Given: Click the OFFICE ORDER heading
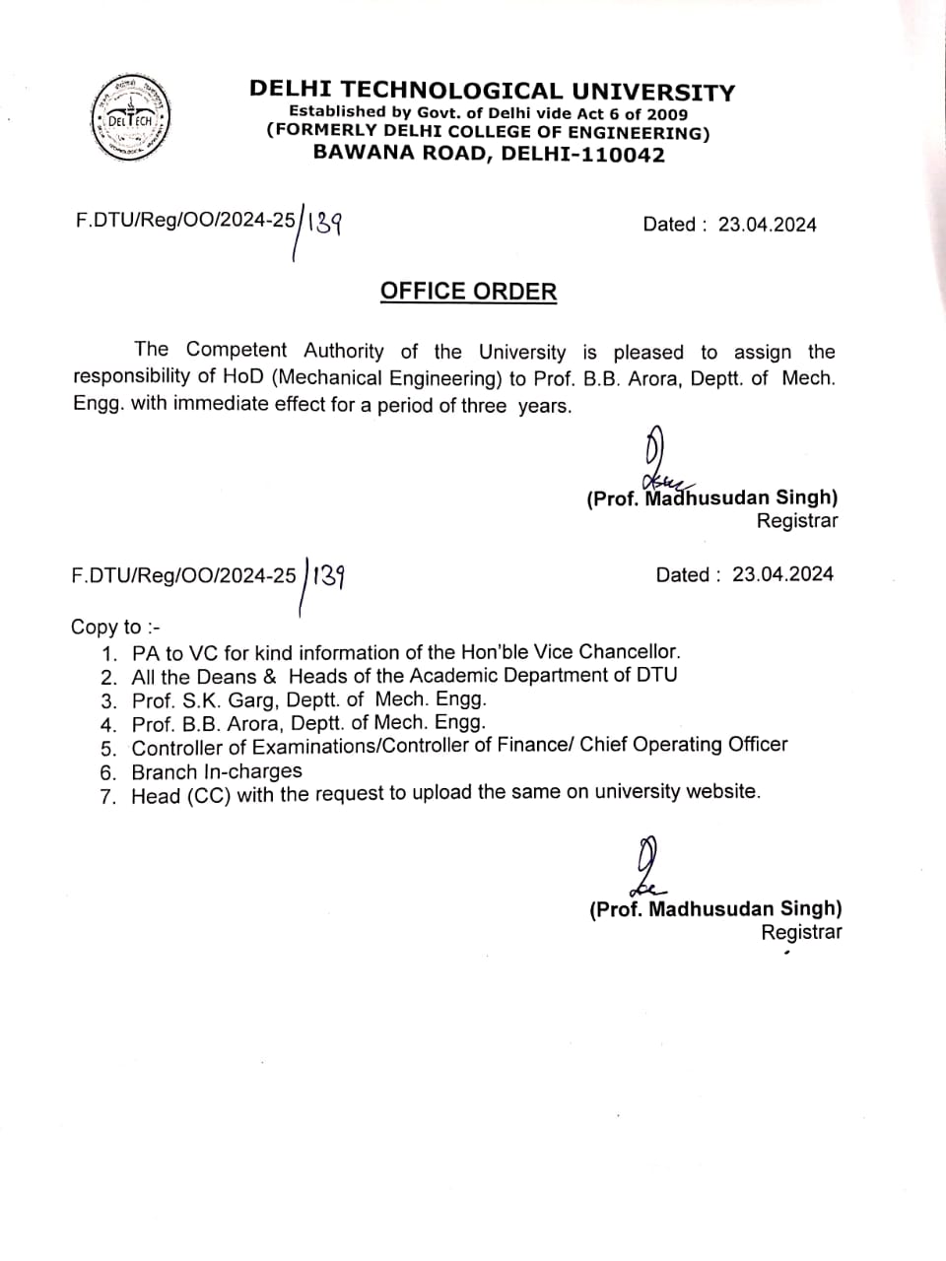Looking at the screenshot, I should (x=468, y=292).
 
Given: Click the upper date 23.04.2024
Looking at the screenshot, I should (x=767, y=225).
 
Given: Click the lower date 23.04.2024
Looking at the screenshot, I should (x=782, y=574).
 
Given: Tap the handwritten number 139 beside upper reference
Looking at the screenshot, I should (x=324, y=224).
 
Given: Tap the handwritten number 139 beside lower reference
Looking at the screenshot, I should (x=328, y=574).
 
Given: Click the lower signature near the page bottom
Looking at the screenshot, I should (x=646, y=867).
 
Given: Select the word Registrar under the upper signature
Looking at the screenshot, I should (x=796, y=521).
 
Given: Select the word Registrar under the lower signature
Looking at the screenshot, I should (x=801, y=932).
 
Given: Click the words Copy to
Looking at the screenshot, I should (x=106, y=628).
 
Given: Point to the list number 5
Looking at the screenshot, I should (x=108, y=748).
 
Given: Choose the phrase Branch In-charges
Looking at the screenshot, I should (x=217, y=771).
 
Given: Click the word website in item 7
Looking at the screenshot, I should (x=720, y=791).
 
